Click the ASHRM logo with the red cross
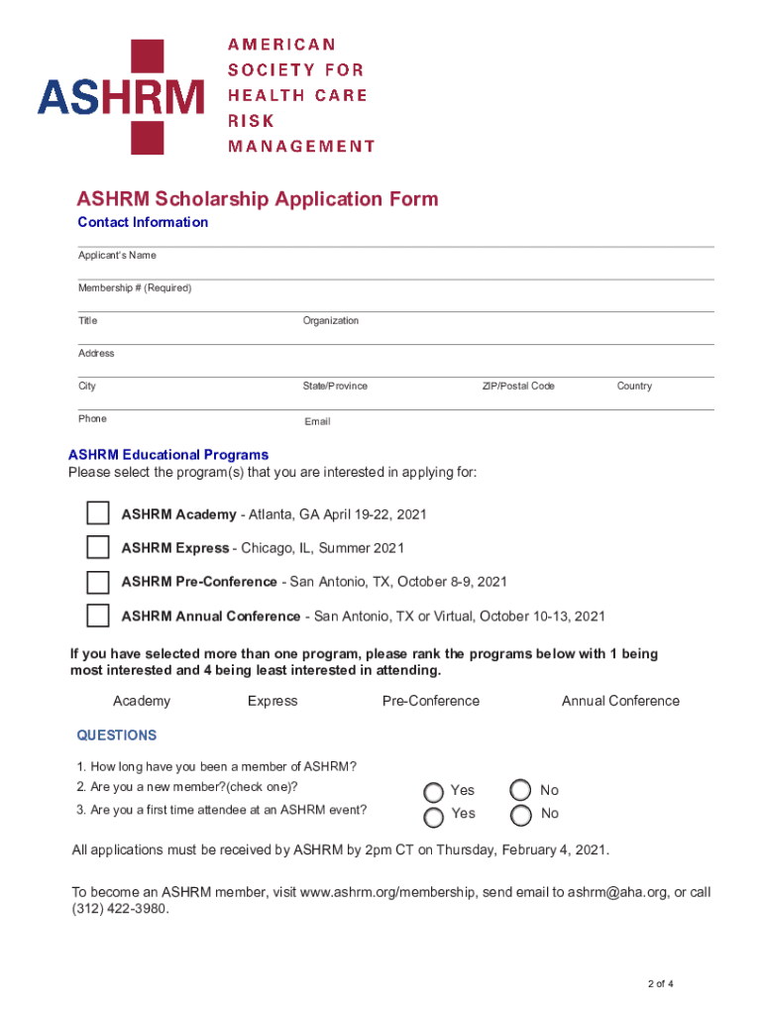(x=121, y=96)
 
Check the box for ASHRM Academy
(x=98, y=513)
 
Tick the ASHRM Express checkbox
(x=98, y=547)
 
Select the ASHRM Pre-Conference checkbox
(x=98, y=581)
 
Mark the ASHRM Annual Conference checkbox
(x=98, y=616)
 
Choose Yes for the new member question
(x=434, y=791)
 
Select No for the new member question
(x=520, y=790)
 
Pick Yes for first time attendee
(x=434, y=817)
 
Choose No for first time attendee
(x=520, y=816)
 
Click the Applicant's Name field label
(x=117, y=256)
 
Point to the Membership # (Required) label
(x=135, y=288)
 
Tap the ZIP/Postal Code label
(x=518, y=386)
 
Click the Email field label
(x=317, y=421)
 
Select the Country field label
(x=634, y=386)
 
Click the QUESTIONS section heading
(x=117, y=735)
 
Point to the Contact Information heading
(x=143, y=222)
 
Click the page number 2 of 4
(x=660, y=984)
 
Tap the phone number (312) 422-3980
(x=120, y=909)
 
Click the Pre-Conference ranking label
(x=430, y=701)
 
